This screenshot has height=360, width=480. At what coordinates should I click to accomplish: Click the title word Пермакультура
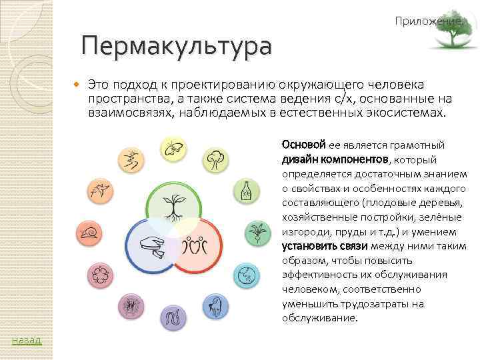177,47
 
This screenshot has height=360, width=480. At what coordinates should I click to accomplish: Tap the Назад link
27,341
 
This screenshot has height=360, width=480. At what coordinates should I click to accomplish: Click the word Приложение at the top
427,22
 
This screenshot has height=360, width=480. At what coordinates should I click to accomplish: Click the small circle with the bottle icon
245,192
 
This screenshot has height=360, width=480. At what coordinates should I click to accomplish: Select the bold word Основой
303,145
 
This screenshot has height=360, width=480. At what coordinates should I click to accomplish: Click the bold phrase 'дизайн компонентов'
335,159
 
